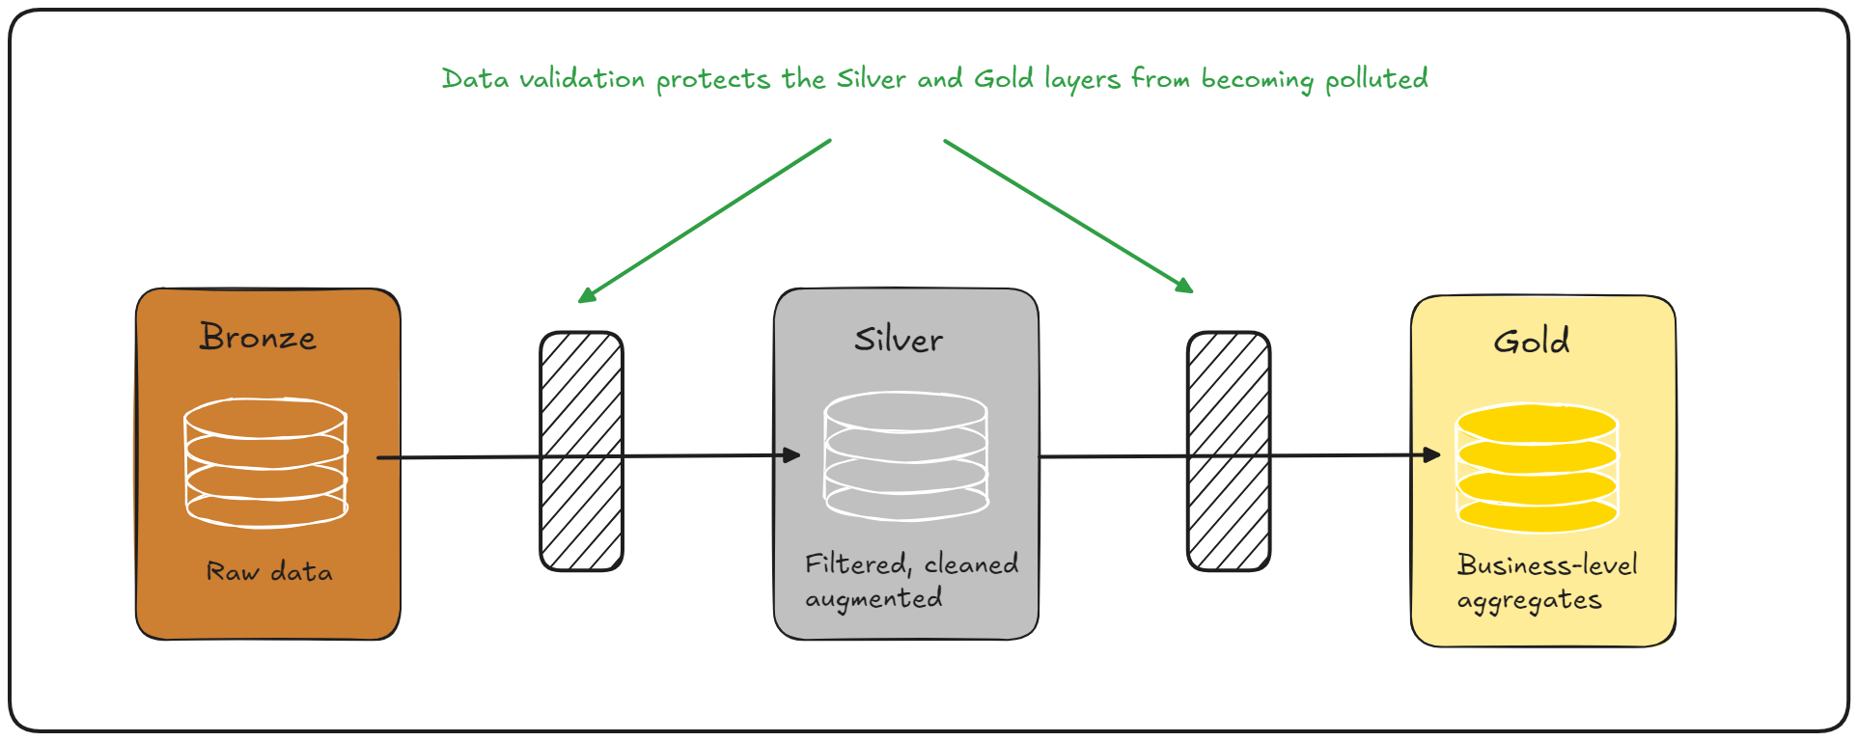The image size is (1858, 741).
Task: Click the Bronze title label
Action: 258,337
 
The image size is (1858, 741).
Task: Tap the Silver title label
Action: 898,340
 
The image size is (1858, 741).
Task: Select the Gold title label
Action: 1531,341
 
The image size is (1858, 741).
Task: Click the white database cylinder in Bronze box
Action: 265,463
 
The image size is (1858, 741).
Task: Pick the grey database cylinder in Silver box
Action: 905,455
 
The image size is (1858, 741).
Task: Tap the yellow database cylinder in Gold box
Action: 1537,468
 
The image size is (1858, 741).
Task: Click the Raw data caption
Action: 269,572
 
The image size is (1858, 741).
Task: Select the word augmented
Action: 874,599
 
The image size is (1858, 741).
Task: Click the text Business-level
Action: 1547,564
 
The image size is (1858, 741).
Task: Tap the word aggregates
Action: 1529,601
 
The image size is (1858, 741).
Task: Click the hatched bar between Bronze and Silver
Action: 581,452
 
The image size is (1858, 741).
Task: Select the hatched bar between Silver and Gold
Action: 1228,452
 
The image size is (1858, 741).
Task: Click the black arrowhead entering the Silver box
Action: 791,455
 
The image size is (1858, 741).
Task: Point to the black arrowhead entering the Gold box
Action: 1431,455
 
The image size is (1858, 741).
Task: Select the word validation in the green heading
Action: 581,79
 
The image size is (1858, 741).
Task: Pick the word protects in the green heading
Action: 712,80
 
